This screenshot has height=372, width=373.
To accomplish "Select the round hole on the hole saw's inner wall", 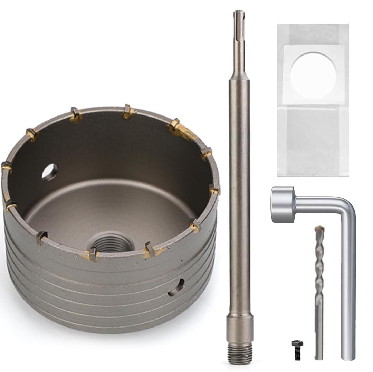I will (x=50, y=172).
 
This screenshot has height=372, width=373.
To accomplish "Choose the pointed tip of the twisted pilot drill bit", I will (x=319, y=228).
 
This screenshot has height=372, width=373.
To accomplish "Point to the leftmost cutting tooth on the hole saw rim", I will (x=7, y=167).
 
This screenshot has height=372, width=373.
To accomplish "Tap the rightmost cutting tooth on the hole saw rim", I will (x=214, y=189).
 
